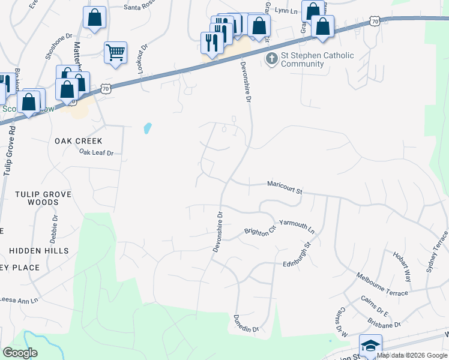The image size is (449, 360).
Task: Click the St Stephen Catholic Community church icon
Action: click(271, 59)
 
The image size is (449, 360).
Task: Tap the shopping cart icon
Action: click(115, 52)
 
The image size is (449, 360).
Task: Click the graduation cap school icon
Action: click(370, 345)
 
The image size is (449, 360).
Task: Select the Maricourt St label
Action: click(284, 187)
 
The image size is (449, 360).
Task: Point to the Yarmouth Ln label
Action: click(297, 226)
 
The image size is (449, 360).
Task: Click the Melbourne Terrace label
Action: click(382, 284)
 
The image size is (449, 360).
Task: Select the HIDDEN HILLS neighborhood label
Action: click(40, 251)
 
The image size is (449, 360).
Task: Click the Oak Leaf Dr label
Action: click(96, 153)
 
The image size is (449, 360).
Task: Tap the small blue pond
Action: click(147, 128)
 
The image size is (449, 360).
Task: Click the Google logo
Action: click(20, 353)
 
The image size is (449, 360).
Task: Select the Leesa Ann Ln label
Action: click(19, 299)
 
